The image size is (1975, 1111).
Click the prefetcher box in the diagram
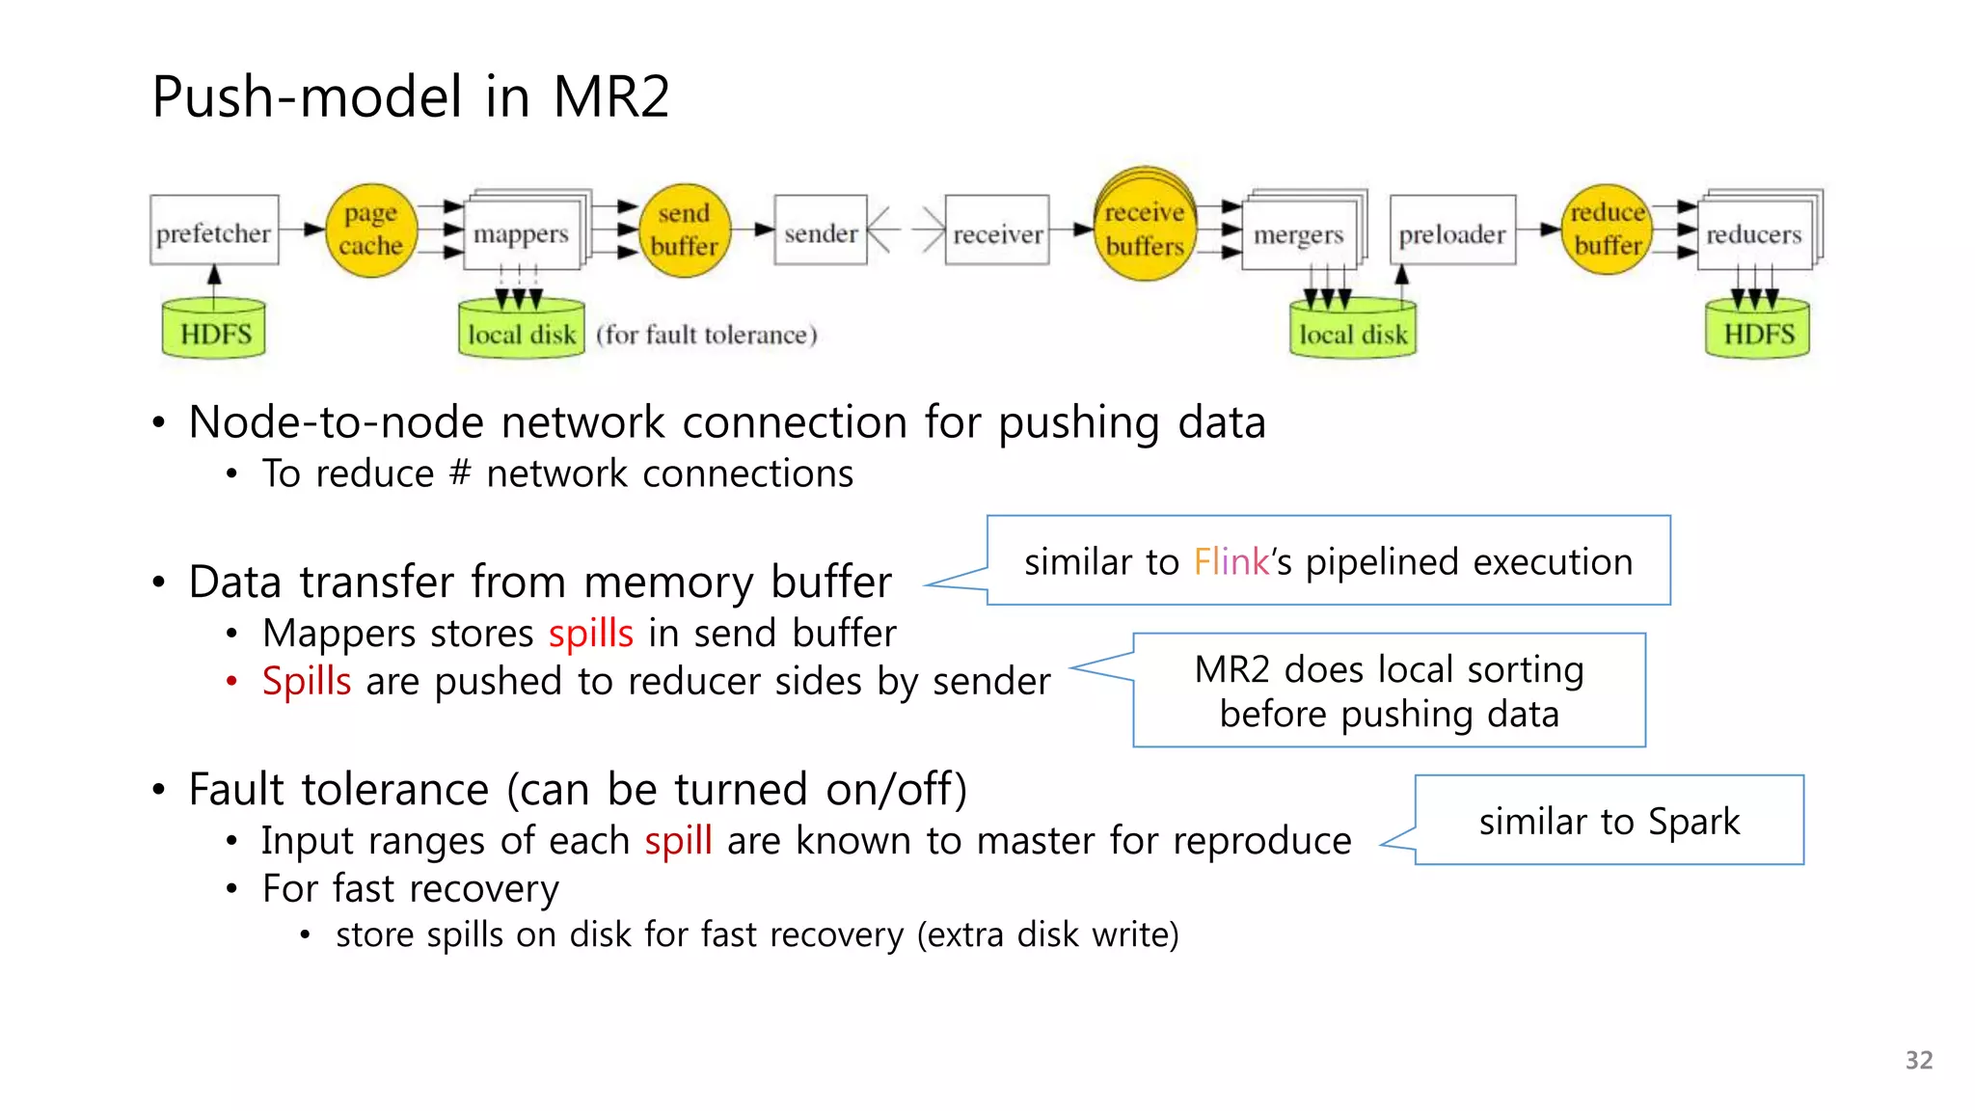[x=214, y=231]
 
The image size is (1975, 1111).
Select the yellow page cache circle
[x=371, y=230]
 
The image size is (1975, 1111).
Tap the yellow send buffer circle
[x=684, y=230]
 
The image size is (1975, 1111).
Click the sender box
[x=820, y=231]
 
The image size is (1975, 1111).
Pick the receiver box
[x=997, y=231]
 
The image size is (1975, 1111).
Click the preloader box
[x=1452, y=231]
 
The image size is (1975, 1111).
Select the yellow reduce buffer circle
[x=1607, y=230]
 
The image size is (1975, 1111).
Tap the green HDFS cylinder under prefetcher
[x=214, y=331]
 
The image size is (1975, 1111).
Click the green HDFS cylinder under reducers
[x=1758, y=331]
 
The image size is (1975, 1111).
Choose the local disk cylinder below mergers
[x=1353, y=331]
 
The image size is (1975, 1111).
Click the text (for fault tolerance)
[x=707, y=335]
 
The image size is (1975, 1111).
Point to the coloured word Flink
[x=1231, y=561]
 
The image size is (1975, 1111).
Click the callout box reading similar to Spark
[x=1609, y=821]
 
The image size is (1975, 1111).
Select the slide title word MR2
[x=611, y=96]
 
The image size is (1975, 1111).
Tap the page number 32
[x=1918, y=1060]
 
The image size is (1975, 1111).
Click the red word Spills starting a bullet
[x=307, y=681]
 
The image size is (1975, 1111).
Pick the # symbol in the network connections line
[x=460, y=474]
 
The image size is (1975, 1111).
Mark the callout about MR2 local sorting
[x=1389, y=691]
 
